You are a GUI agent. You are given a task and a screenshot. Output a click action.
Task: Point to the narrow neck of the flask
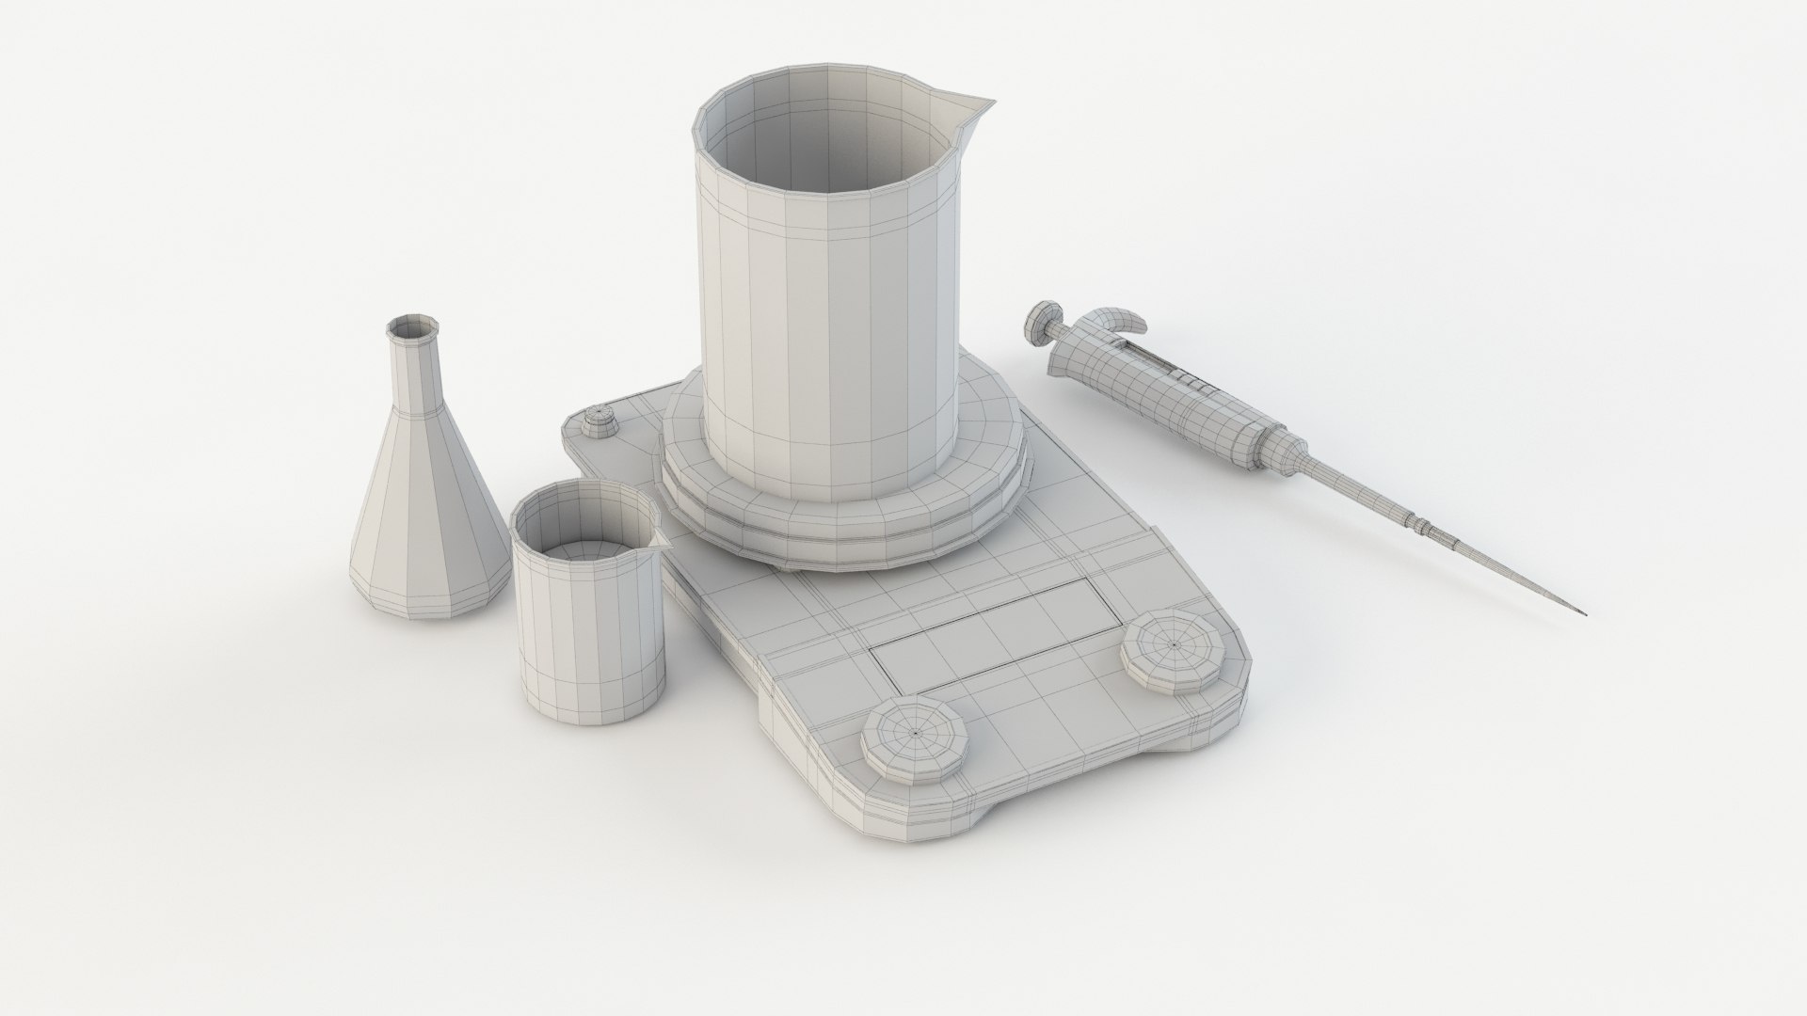pos(413,376)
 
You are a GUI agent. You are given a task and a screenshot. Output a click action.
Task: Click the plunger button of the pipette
pos(1041,319)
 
